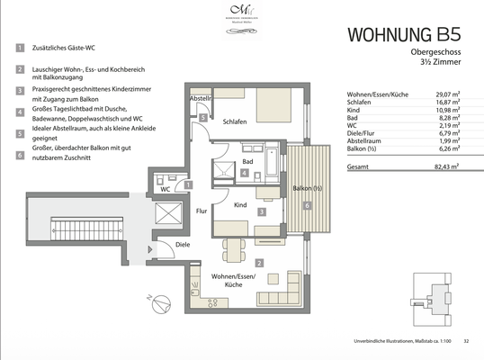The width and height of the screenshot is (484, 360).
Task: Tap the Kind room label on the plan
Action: pyautogui.click(x=239, y=205)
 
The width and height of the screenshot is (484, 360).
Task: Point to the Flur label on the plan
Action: pyautogui.click(x=202, y=212)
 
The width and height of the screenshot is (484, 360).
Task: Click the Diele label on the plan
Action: pyautogui.click(x=183, y=243)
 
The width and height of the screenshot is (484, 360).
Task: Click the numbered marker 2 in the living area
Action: pyautogui.click(x=259, y=263)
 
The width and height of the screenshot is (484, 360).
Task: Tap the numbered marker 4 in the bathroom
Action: pyautogui.click(x=244, y=172)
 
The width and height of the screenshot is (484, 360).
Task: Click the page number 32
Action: pyautogui.click(x=466, y=341)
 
